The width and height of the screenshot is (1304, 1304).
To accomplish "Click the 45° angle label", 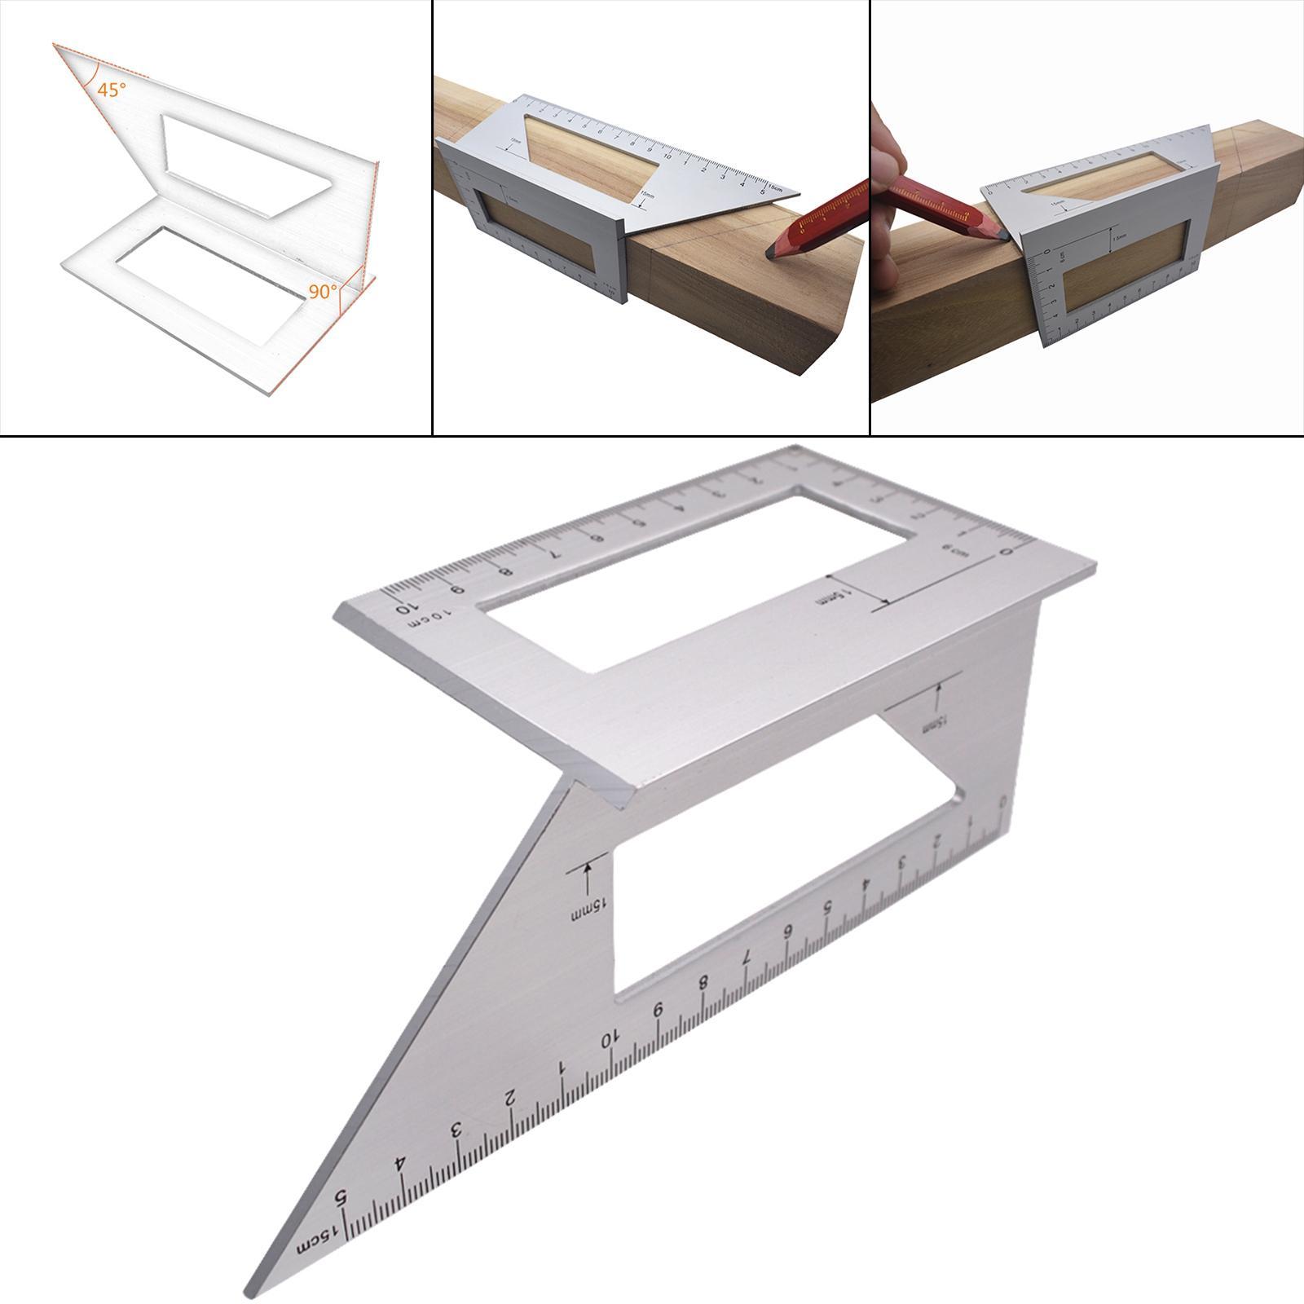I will click(112, 90).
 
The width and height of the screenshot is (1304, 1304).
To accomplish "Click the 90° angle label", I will click(323, 291).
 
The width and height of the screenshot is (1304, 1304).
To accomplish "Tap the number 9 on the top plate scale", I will click(459, 590).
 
